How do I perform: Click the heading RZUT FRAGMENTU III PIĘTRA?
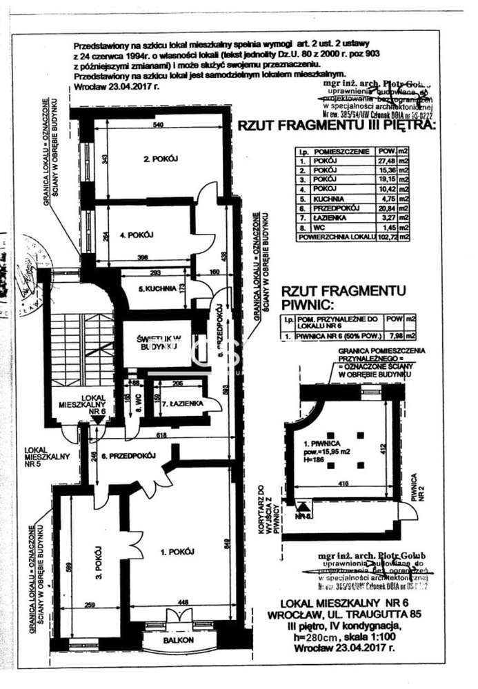coord(336,126)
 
